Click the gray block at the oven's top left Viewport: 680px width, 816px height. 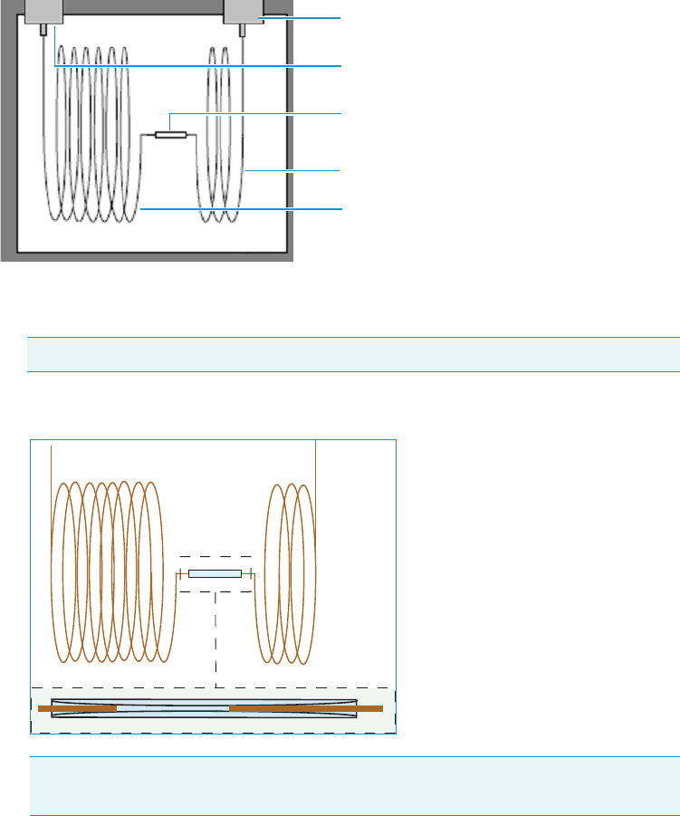[43, 11]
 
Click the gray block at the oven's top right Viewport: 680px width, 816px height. [243, 11]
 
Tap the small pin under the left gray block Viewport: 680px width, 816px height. [43, 30]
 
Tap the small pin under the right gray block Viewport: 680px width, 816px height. [243, 30]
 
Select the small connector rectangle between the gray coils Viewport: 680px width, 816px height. [170, 135]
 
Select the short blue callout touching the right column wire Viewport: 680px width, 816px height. [294, 169]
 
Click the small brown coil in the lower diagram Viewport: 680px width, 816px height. [288, 571]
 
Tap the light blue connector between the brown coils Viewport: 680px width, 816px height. [215, 573]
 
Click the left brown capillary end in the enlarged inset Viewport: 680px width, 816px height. [77, 708]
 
